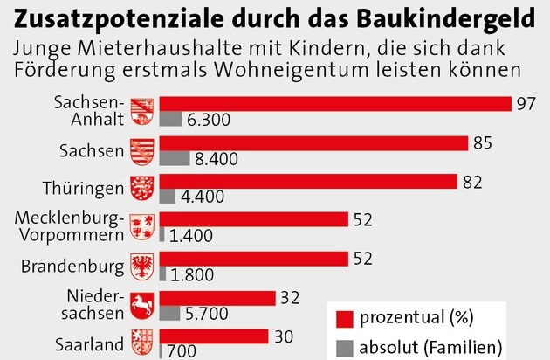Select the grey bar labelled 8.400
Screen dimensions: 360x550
point(175,159)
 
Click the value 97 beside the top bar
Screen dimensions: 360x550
point(526,104)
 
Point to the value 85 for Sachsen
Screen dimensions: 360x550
point(482,142)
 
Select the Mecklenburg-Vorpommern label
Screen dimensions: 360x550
point(78,226)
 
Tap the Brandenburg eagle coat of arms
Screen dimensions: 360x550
point(141,265)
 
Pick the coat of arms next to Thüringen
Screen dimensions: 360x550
point(141,188)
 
